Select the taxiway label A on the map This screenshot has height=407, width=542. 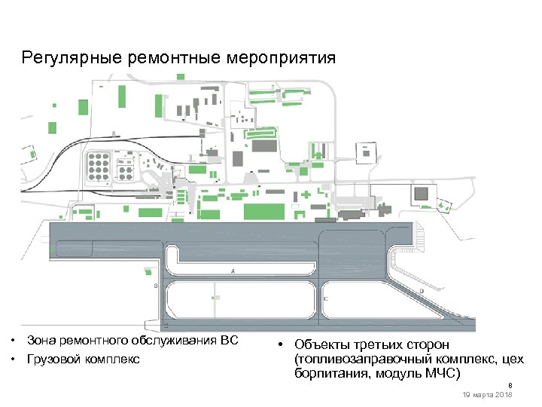tap(234, 271)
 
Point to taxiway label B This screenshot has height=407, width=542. tap(155, 286)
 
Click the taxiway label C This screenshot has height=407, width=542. tap(325, 299)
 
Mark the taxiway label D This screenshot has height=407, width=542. tap(422, 290)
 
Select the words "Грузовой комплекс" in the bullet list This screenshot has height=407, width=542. tap(83, 359)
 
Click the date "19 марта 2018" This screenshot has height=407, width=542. tap(489, 395)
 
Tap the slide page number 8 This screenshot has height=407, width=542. tap(509, 384)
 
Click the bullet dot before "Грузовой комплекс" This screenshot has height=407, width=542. tap(14, 359)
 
